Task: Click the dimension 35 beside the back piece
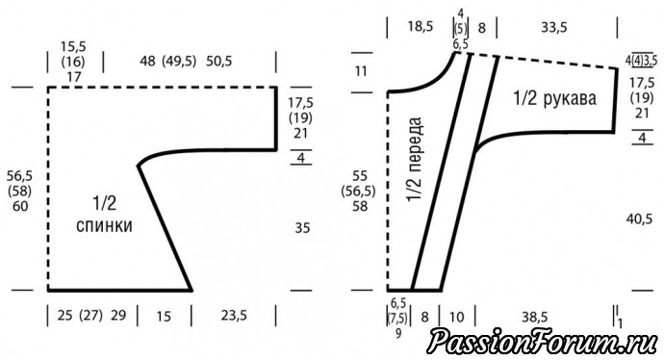302,228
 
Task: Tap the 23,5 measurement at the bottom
234,316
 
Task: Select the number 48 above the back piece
148,61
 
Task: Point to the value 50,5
219,61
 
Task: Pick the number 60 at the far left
20,206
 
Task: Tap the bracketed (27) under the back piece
91,316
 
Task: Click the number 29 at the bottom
118,316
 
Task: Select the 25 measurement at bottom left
64,316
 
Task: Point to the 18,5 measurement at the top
421,27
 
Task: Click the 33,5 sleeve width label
554,28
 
